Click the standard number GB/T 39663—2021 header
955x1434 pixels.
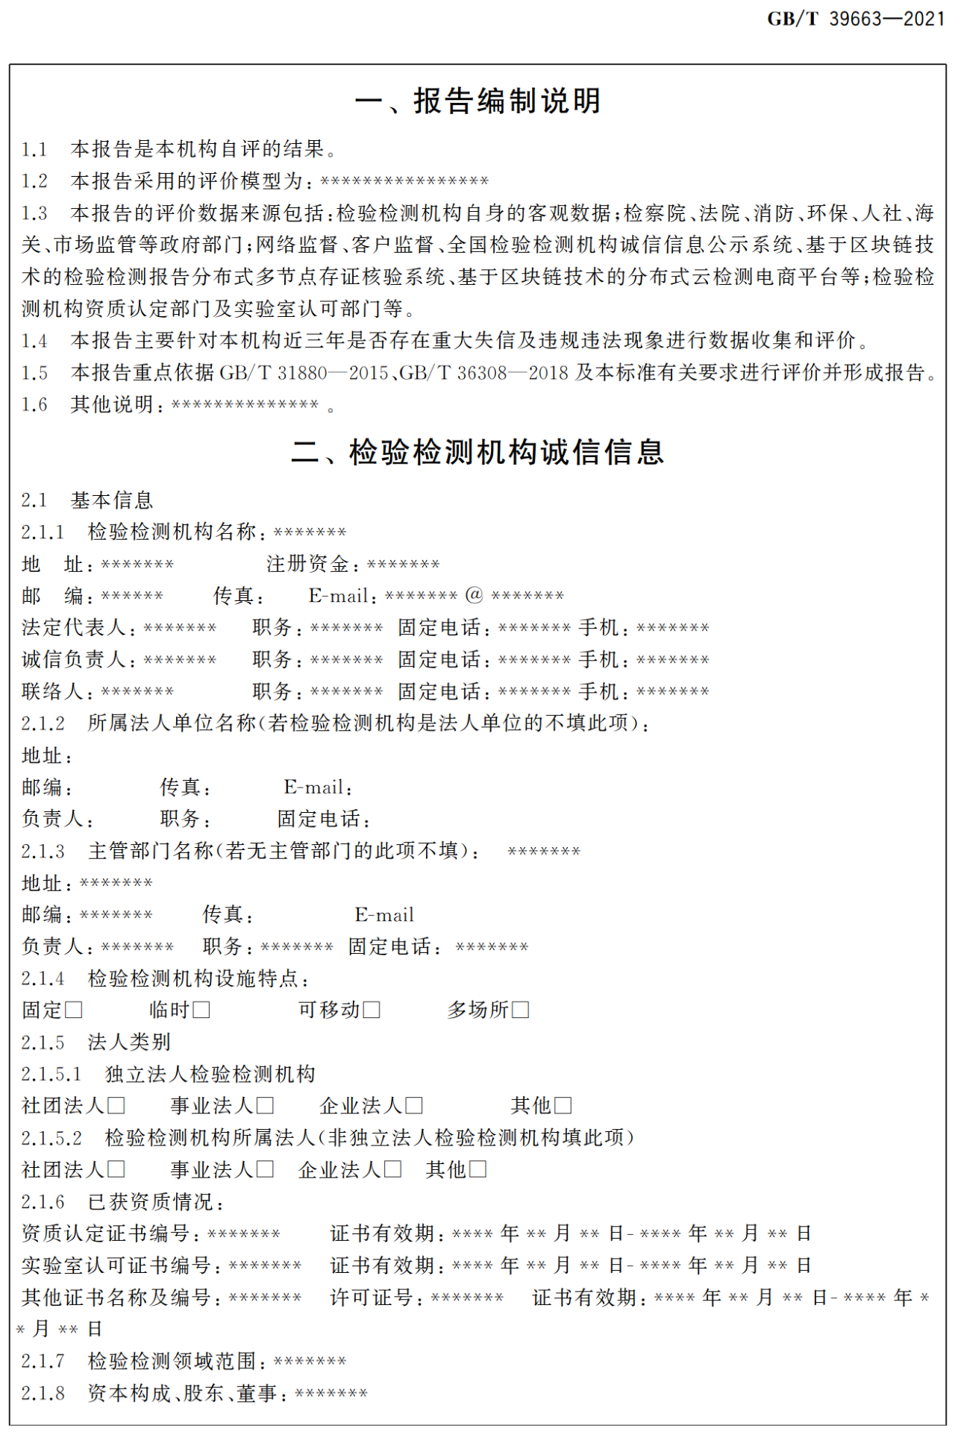click(856, 19)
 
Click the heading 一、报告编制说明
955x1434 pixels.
click(477, 101)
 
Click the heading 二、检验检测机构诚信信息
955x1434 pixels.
click(477, 452)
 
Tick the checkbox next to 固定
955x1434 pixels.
click(74, 1010)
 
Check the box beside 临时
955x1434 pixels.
click(201, 1010)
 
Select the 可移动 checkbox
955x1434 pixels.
click(372, 1010)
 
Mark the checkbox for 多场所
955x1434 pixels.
click(521, 1010)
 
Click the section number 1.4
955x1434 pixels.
click(34, 341)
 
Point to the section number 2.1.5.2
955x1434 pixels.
click(51, 1137)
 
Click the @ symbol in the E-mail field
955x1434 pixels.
click(475, 595)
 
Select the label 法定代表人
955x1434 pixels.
click(74, 627)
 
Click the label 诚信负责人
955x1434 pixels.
click(74, 659)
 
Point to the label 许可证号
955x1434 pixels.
click(372, 1298)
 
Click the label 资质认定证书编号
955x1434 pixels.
click(105, 1233)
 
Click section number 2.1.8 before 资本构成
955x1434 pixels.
click(43, 1393)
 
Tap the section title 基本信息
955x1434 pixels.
click(112, 500)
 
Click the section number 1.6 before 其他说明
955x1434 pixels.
click(34, 405)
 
